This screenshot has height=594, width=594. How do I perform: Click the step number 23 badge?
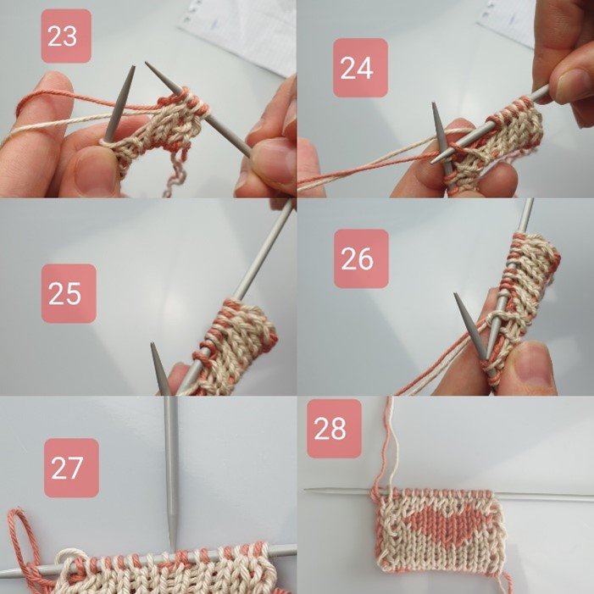click(x=66, y=36)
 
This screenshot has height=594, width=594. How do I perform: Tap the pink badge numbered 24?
click(x=360, y=68)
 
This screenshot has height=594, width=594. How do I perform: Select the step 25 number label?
click(x=69, y=293)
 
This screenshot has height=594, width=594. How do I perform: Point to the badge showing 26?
click(x=361, y=258)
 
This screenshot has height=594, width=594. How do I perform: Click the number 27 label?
click(x=71, y=468)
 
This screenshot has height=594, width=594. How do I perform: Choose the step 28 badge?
click(x=334, y=429)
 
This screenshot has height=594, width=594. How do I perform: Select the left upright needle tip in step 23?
click(x=133, y=67)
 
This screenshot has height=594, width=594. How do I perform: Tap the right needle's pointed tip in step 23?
click(x=147, y=64)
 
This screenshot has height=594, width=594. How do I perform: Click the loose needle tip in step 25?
click(x=153, y=344)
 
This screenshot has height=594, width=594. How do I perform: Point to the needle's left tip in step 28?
click(x=305, y=491)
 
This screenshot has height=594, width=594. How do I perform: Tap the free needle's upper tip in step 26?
click(x=456, y=294)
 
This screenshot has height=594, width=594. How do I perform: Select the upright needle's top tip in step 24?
click(x=434, y=103)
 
